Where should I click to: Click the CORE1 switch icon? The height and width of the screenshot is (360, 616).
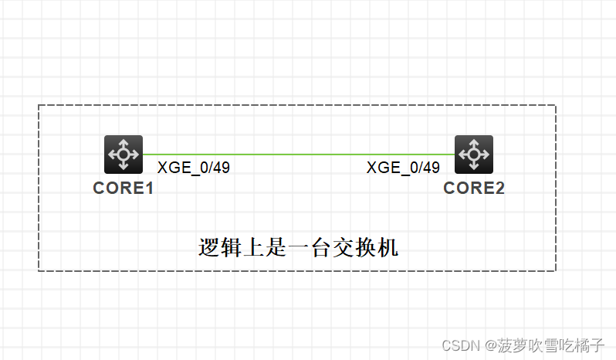pos(124,155)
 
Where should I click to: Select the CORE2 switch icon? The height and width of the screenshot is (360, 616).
pos(474,155)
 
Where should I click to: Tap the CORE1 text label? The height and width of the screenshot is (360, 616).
pos(124,188)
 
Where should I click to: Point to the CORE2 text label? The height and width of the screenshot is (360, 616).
pos(474,188)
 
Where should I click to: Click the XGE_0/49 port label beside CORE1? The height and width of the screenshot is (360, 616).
pos(194,168)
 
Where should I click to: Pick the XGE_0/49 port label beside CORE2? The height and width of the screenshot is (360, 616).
pos(403,168)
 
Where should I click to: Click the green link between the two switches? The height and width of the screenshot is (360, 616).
pos(299,155)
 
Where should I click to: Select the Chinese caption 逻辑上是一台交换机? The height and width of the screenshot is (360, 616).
pos(299,248)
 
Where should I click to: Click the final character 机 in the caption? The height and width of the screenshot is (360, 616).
pos(388,248)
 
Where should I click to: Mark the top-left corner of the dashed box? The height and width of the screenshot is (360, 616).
pos(39,105)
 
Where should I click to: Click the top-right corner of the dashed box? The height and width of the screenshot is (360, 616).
pos(555,105)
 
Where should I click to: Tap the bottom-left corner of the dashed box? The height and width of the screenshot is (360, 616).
pos(39,270)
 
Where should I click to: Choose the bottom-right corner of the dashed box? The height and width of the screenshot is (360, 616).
pos(555,270)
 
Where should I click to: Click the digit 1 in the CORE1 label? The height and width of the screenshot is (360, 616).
pos(149,188)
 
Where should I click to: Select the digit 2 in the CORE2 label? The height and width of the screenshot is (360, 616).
pos(499,188)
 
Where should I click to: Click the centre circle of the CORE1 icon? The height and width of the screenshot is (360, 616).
pos(124,155)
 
